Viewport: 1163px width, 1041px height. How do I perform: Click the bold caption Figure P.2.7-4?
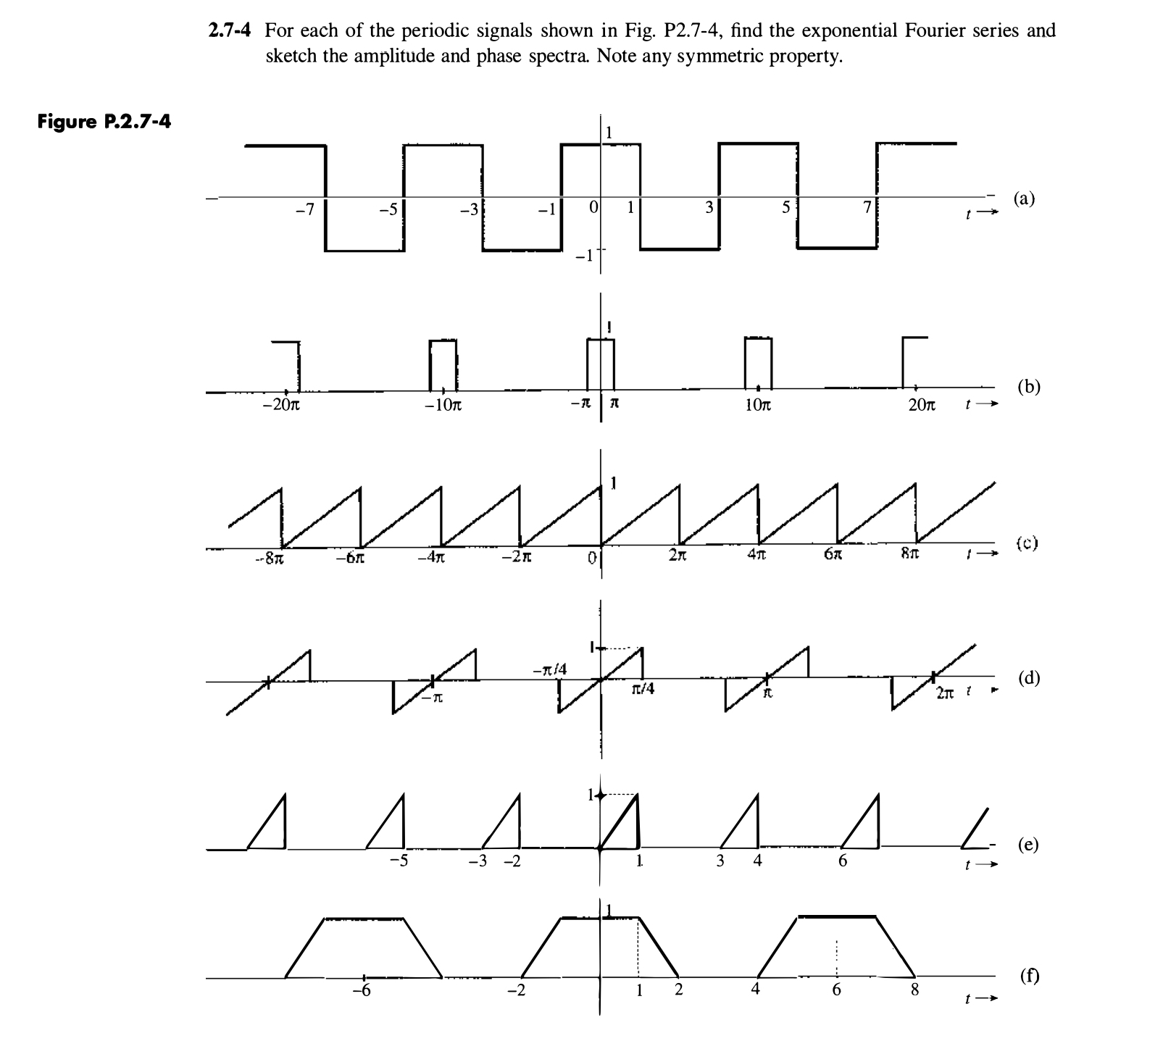(104, 121)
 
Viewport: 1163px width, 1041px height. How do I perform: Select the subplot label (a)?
(1024, 198)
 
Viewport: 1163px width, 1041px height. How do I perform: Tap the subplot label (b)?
(1027, 386)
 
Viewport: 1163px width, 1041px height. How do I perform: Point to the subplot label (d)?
(1028, 678)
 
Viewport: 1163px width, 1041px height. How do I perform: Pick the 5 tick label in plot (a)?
(786, 209)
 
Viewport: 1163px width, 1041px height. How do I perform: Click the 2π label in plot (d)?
(944, 693)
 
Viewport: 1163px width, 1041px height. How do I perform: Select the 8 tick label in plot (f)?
(914, 990)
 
